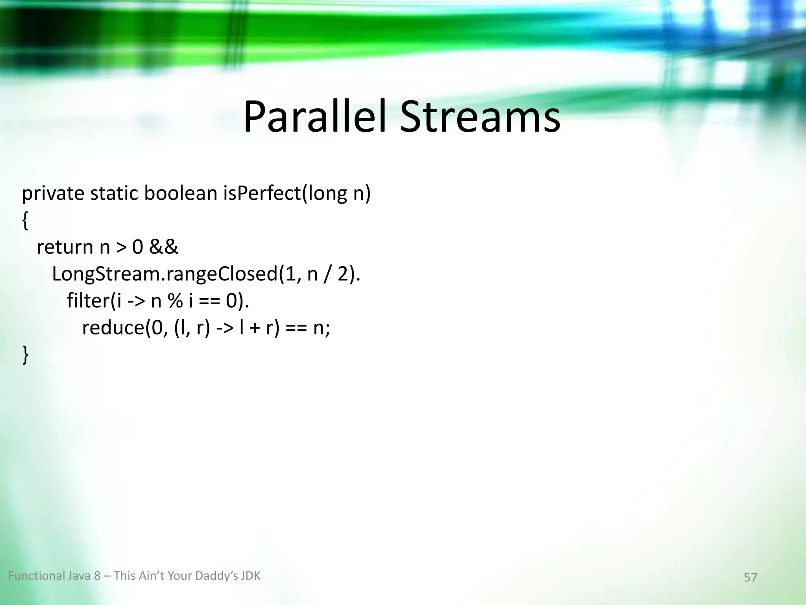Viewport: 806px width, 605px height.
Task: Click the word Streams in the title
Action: coord(480,117)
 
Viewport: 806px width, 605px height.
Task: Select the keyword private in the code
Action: coord(53,193)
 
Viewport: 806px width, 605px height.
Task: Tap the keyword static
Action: coord(114,193)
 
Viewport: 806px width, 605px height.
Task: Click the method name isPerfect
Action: coord(262,193)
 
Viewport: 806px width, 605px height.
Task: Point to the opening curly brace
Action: coord(25,221)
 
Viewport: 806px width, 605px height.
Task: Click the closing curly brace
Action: coord(25,354)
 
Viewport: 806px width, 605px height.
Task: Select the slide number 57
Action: coord(750,577)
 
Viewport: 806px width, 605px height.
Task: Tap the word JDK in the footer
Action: coord(250,576)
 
